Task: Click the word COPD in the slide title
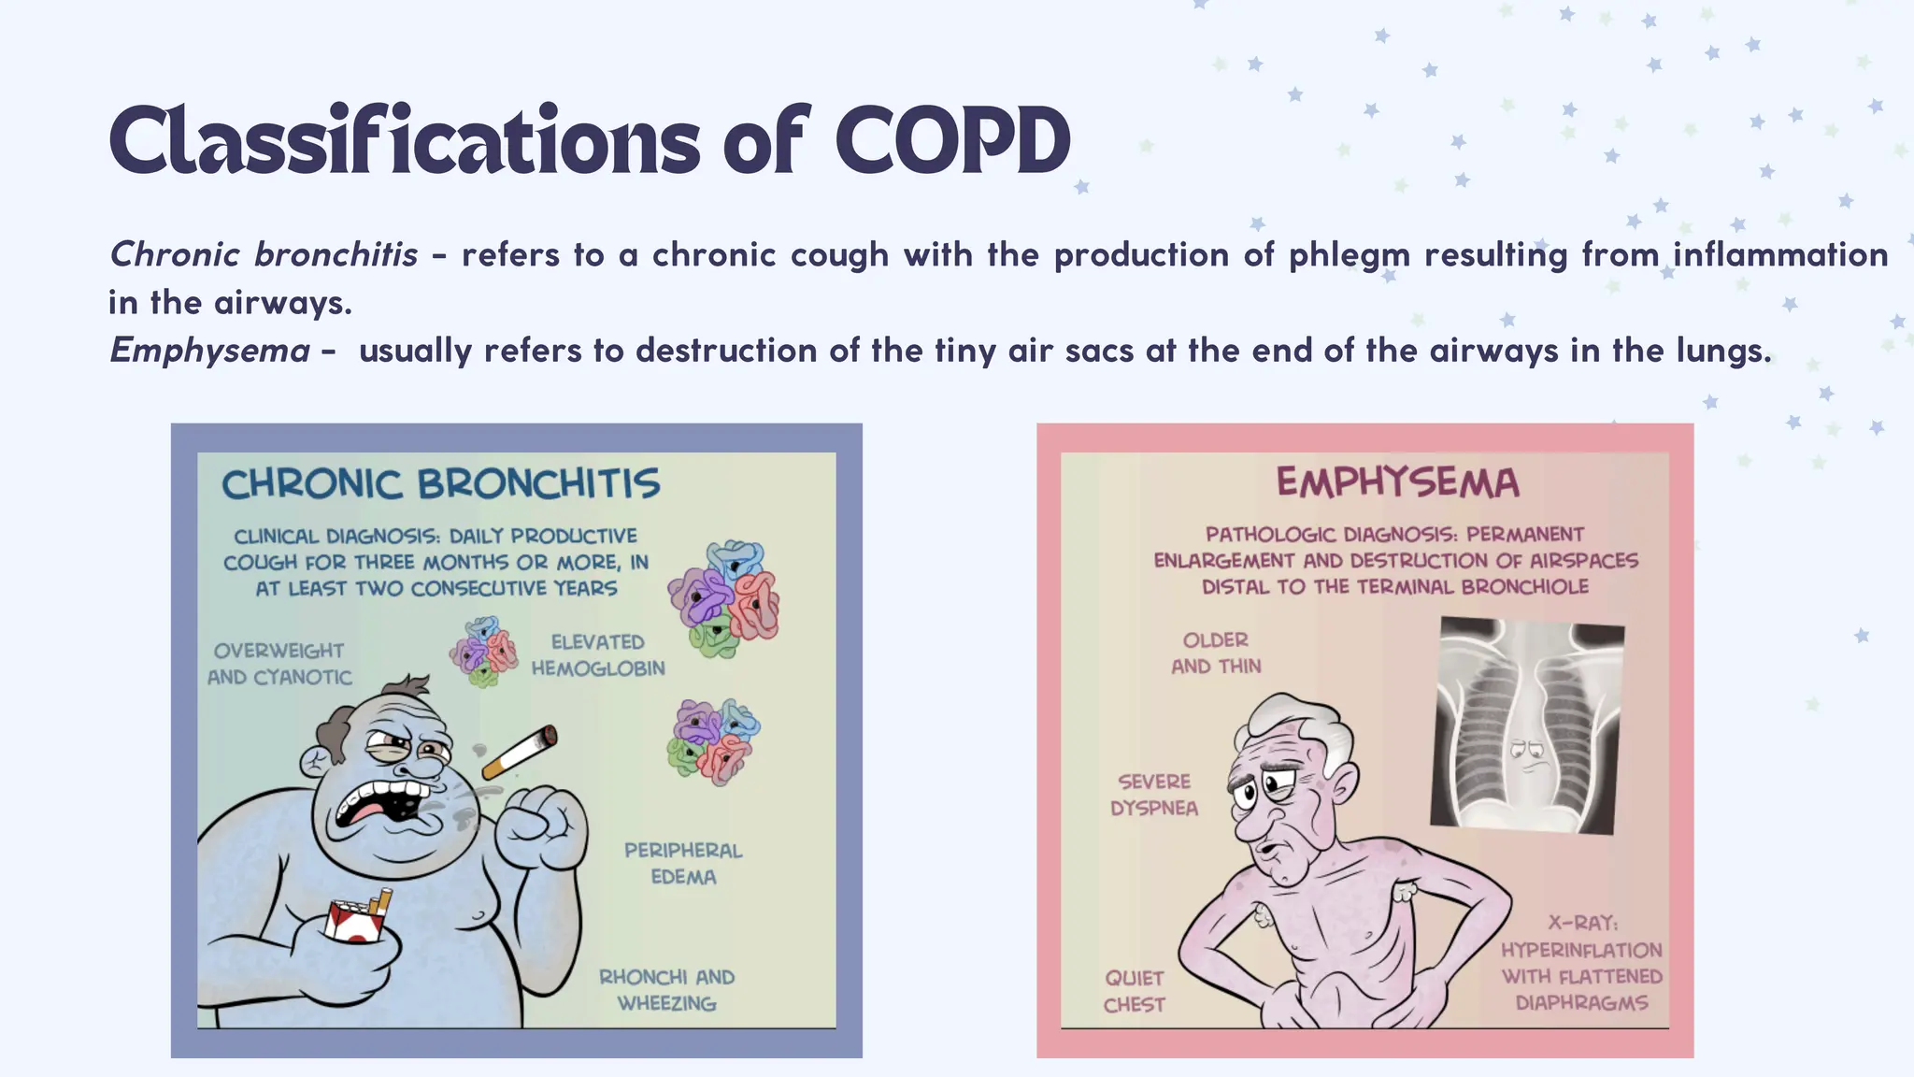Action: point(952,142)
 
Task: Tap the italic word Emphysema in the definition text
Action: point(210,351)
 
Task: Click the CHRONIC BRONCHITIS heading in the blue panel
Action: point(440,484)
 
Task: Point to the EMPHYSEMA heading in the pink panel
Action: point(1397,482)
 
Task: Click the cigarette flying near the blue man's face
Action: point(520,752)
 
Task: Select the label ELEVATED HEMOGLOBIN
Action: point(598,655)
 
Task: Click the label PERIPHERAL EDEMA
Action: point(683,864)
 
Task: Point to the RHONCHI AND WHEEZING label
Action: point(666,990)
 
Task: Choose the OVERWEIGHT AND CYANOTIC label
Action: point(279,664)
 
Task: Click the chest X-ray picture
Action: point(1526,725)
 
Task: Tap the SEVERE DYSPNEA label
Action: point(1154,795)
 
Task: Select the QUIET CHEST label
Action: point(1134,991)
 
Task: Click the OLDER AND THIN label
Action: point(1216,653)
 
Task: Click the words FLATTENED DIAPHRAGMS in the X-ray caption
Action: point(1581,989)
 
